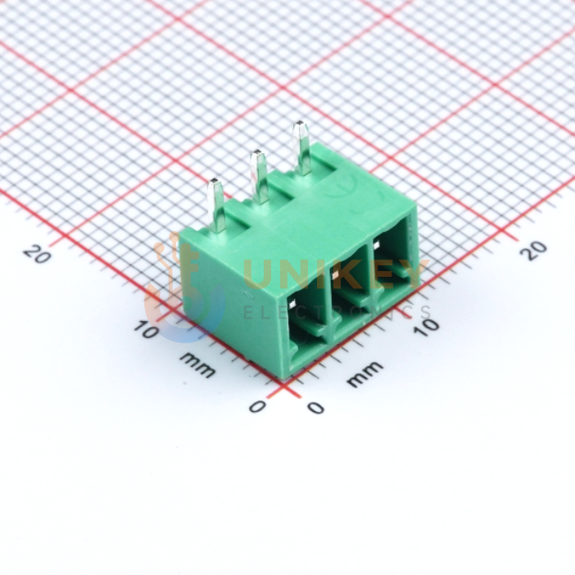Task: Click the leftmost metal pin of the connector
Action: (216, 206)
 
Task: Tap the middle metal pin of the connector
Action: (259, 178)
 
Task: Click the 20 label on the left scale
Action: (37, 254)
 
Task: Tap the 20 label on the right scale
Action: (534, 251)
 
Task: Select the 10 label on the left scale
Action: (146, 329)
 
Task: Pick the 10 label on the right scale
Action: (426, 326)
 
